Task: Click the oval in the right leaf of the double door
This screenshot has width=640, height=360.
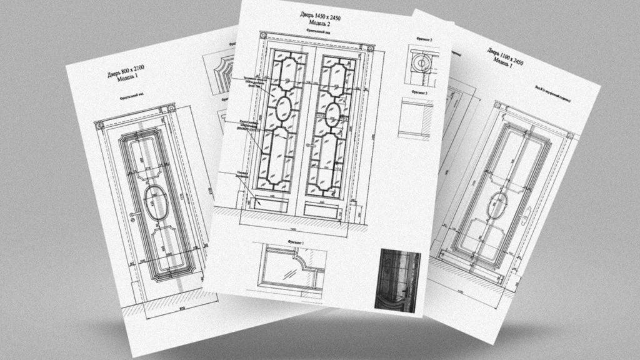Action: pyautogui.click(x=332, y=114)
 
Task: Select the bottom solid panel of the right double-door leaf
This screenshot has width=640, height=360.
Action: pyautogui.click(x=318, y=207)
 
